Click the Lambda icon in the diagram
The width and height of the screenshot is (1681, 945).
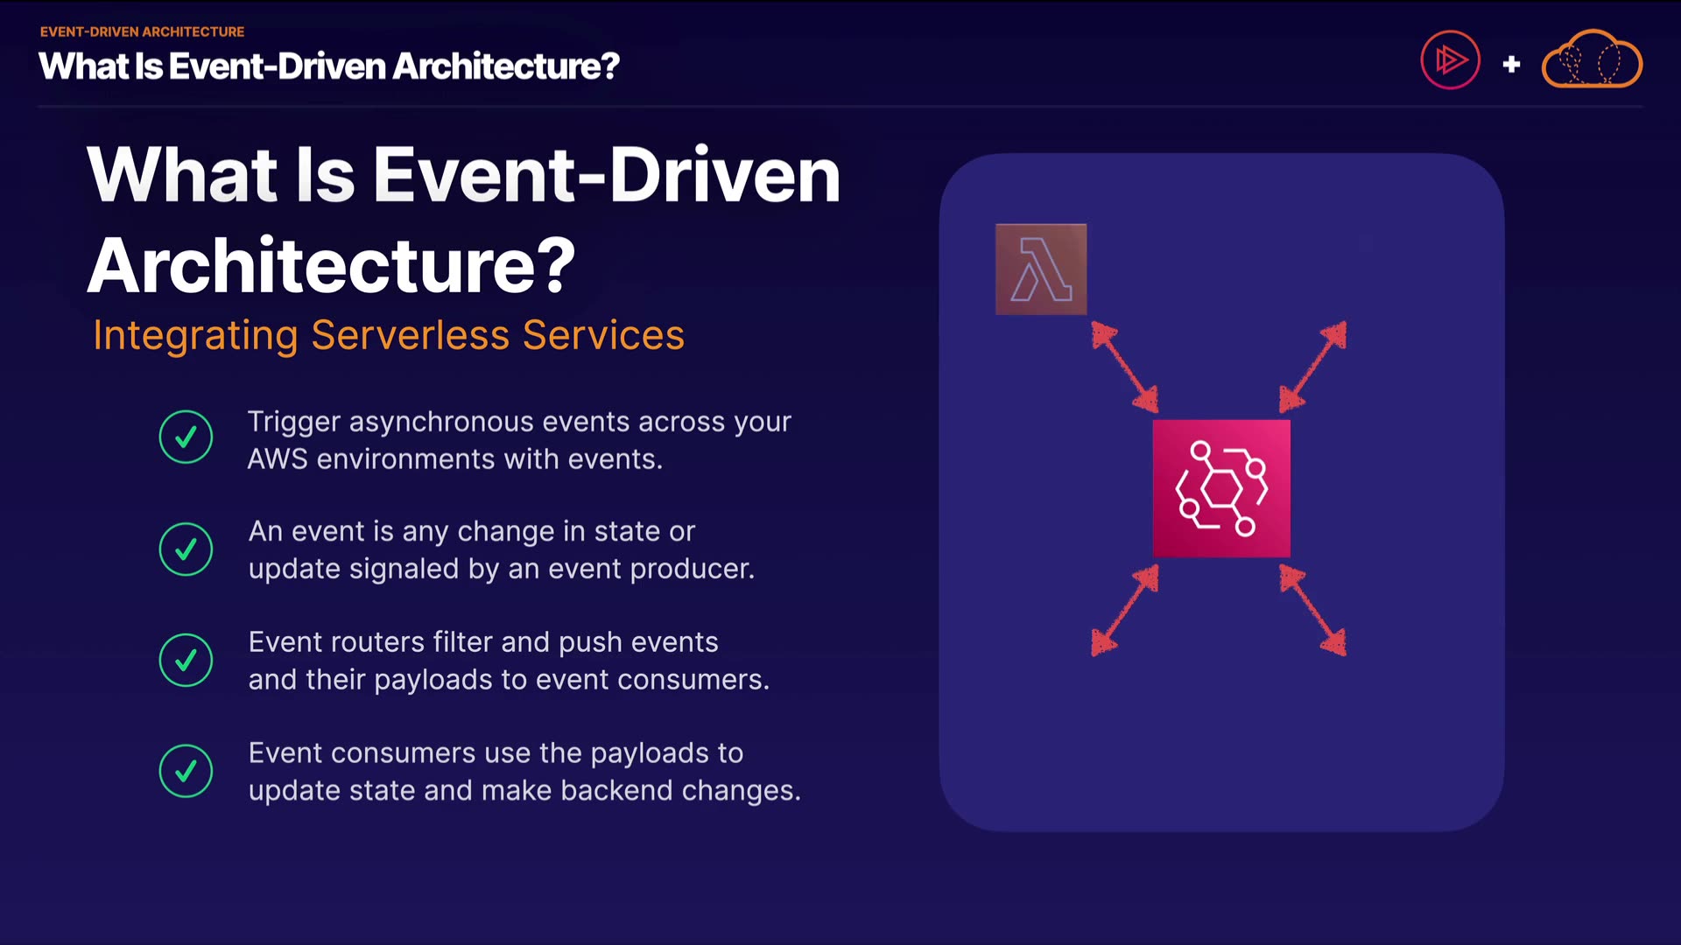[x=1041, y=269]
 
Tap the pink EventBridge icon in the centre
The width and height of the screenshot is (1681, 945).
[x=1221, y=488]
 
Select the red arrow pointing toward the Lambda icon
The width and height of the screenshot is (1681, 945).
[x=1125, y=367]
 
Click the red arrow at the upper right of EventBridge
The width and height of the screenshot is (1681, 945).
[x=1312, y=367]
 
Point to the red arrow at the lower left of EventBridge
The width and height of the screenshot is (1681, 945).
[x=1125, y=610]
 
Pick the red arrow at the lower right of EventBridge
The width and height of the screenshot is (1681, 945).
[x=1312, y=610]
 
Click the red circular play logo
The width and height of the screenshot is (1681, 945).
[x=1450, y=60]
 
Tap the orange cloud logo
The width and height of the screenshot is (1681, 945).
[x=1592, y=59]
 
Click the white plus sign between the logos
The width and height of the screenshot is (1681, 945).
[x=1511, y=64]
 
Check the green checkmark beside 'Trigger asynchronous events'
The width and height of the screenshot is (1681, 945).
[x=186, y=437]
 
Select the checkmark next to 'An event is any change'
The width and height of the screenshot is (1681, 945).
[x=186, y=549]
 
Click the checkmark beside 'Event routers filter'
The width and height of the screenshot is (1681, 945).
[x=186, y=660]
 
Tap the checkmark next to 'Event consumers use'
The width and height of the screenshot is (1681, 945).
[x=186, y=771]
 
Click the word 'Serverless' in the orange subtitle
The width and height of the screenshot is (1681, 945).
[x=411, y=335]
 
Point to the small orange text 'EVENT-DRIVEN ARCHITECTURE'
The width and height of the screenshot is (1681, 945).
[x=142, y=31]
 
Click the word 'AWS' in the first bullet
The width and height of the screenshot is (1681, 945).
[x=278, y=459]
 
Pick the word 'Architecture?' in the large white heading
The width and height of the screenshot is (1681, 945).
[x=332, y=265]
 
